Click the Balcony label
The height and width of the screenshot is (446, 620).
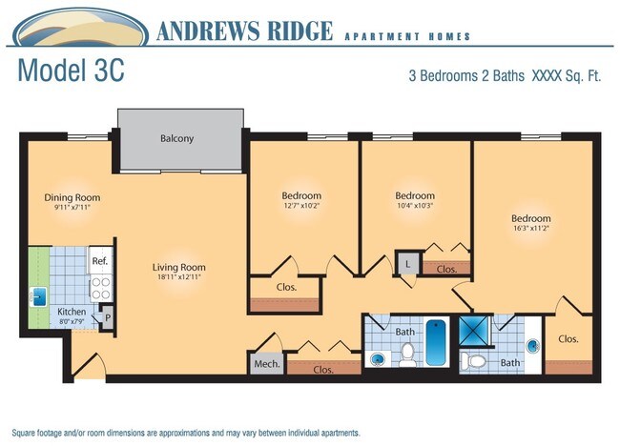point(176,138)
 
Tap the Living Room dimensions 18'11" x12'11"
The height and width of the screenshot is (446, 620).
point(179,277)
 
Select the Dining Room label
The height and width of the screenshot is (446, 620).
point(72,197)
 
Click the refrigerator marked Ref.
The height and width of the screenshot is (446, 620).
point(100,260)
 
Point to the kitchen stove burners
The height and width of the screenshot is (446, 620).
point(101,288)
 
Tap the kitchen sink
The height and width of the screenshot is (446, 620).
point(38,297)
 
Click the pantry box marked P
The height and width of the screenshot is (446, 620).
point(107,317)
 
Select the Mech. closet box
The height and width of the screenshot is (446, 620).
point(267,363)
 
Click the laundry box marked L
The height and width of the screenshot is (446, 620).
point(407,263)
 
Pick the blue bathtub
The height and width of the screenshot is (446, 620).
point(436,342)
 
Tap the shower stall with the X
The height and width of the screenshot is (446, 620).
point(474,330)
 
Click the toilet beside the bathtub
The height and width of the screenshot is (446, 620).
point(407,355)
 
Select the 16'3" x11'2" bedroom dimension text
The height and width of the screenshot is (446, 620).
point(530,228)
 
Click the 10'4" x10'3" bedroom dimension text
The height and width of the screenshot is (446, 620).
point(415,206)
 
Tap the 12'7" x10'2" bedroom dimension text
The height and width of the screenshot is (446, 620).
point(301,206)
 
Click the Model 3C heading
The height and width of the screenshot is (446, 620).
point(72,71)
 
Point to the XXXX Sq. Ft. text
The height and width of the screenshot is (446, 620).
point(567,75)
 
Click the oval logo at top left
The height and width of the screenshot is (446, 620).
point(81,28)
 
